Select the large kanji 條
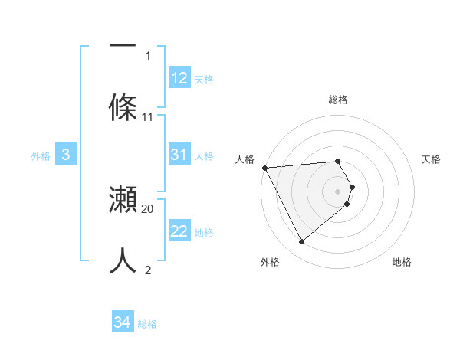coord(123,106)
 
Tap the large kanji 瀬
coord(123,200)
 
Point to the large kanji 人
coord(123,260)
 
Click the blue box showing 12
coord(179,78)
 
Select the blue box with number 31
coord(179,155)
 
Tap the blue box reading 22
coord(179,231)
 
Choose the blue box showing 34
coord(123,322)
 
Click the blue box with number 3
coord(66,155)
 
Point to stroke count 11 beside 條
coord(148,117)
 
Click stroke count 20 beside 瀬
coord(148,208)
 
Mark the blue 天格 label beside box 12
coord(204,80)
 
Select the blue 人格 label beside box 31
coord(204,156)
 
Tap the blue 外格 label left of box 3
coord(41,156)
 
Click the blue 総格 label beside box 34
coord(147,324)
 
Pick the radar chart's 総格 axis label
coord(338,100)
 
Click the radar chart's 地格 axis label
coord(402,263)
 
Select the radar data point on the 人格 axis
coord(264,168)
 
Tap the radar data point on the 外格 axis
coord(302,241)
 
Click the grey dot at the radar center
coord(338,191)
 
